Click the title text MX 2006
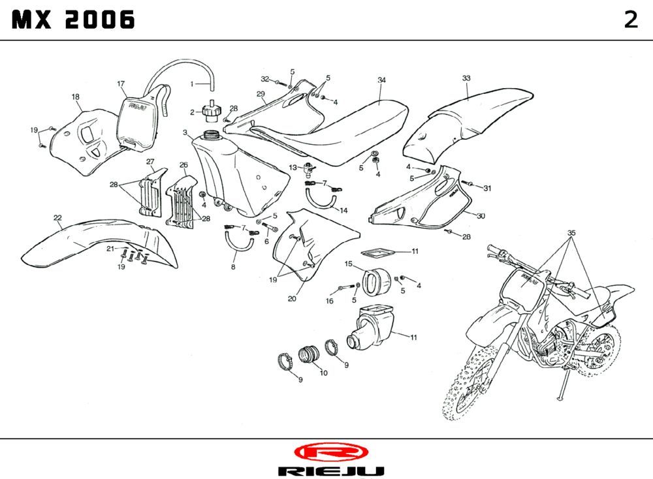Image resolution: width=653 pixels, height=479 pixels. point(74,20)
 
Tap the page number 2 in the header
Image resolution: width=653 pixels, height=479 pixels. point(630,20)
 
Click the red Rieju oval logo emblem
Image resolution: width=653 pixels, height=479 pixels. point(330,452)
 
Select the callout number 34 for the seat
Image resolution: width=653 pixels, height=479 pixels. point(381,80)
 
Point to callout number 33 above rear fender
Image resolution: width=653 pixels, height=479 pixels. point(466,78)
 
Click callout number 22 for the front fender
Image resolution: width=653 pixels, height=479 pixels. point(57,218)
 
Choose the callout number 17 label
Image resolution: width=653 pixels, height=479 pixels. point(121,84)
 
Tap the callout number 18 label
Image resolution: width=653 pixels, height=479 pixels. point(76,97)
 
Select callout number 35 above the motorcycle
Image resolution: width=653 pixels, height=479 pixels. point(571,233)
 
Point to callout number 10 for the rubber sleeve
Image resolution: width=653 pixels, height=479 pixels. point(323,373)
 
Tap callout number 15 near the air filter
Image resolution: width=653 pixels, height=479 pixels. point(349,264)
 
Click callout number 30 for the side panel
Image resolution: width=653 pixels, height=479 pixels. point(481,216)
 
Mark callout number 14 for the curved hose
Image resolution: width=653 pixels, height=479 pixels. point(343,210)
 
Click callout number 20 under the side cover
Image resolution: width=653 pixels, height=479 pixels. point(292,300)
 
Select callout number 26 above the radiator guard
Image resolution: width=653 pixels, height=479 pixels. point(183,165)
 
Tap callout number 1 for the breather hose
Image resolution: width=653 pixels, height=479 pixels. point(192,84)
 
